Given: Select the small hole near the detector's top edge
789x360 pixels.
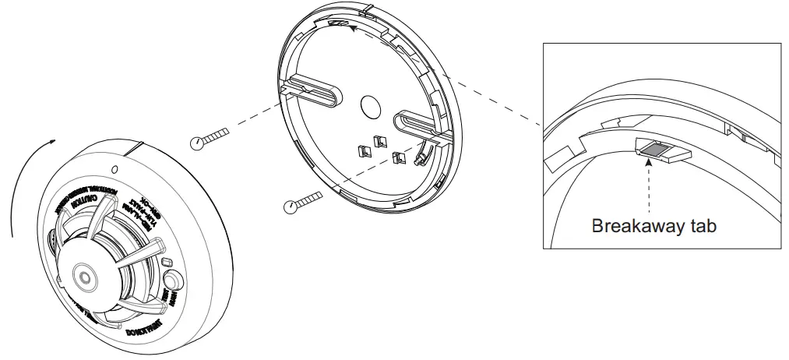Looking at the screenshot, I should (x=115, y=168).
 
